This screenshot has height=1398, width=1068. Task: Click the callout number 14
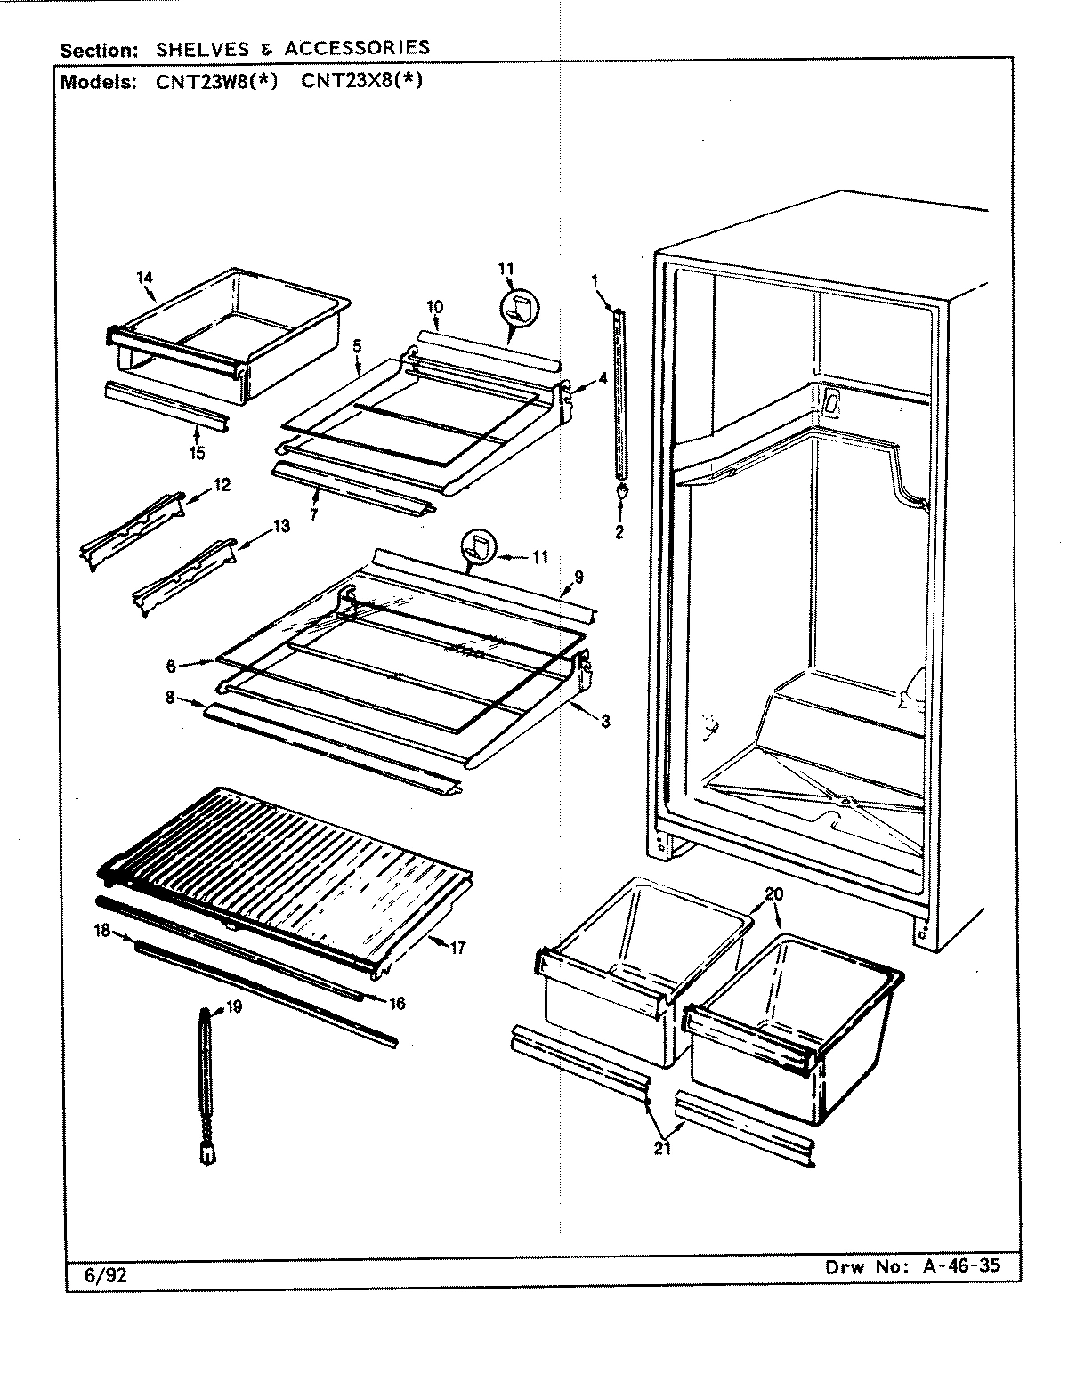pyautogui.click(x=145, y=277)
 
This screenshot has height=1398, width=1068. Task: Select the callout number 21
pyautogui.click(x=661, y=1148)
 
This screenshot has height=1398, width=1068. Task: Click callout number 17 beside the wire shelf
pyautogui.click(x=457, y=949)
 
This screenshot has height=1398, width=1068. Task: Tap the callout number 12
pyautogui.click(x=222, y=485)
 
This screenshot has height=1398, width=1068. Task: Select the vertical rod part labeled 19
pyautogui.click(x=207, y=1086)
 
